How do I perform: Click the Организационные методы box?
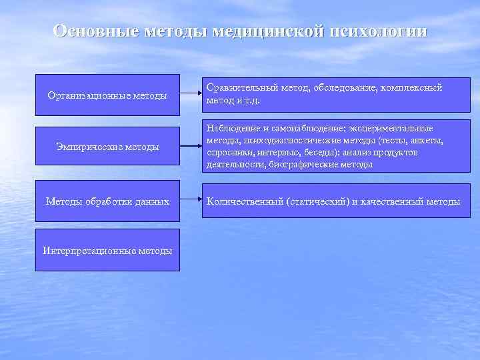pyautogui.click(x=107, y=95)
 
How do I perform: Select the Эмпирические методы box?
pyautogui.click(x=107, y=147)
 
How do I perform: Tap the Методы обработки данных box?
pyautogui.click(x=107, y=201)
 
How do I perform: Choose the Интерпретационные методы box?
pyautogui.click(x=107, y=251)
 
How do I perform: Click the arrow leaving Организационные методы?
pyautogui.click(x=191, y=95)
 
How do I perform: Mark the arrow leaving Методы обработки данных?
pyautogui.click(x=191, y=200)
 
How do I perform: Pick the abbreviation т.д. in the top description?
pyautogui.click(x=250, y=101)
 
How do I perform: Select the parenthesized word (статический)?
pyautogui.click(x=317, y=201)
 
